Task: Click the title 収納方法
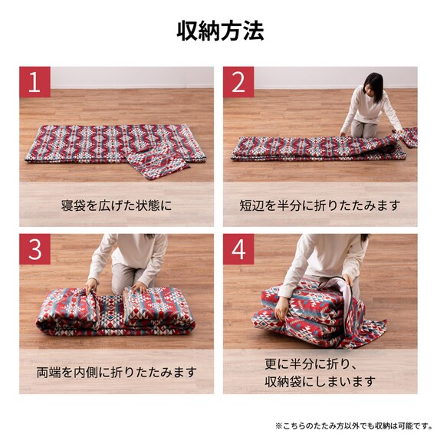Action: [x=219, y=31]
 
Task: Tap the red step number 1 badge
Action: [x=34, y=82]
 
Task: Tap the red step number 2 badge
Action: [x=238, y=82]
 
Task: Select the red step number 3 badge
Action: [x=34, y=249]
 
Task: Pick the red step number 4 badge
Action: [x=238, y=249]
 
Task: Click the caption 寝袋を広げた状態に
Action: [x=117, y=205]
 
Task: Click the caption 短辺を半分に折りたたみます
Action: [x=320, y=205]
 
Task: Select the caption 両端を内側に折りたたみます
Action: [x=117, y=373]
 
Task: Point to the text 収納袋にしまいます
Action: [x=320, y=381]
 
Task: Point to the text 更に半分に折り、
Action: [x=320, y=363]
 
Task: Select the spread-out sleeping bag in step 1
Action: [x=107, y=142]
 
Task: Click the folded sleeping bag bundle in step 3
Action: [x=115, y=313]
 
